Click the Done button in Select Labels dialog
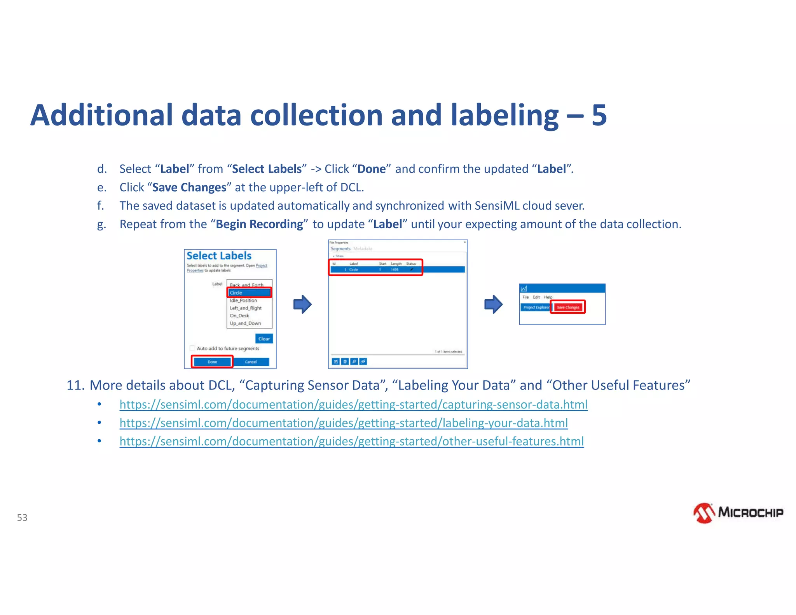[212, 362]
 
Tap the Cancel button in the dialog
[251, 362]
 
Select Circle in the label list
[249, 293]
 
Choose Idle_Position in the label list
[243, 301]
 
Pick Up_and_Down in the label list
[245, 323]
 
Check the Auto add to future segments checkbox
[192, 348]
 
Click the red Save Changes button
[568, 307]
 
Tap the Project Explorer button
[536, 307]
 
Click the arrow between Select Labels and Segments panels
[302, 304]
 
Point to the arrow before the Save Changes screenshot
[493, 304]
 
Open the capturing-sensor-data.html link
[353, 405]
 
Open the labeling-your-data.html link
[344, 423]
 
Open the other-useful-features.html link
[351, 441]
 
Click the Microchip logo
[738, 513]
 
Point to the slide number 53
[22, 517]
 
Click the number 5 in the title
[599, 115]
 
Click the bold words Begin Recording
[259, 224]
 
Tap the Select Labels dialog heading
[219, 256]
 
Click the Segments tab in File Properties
[340, 249]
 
